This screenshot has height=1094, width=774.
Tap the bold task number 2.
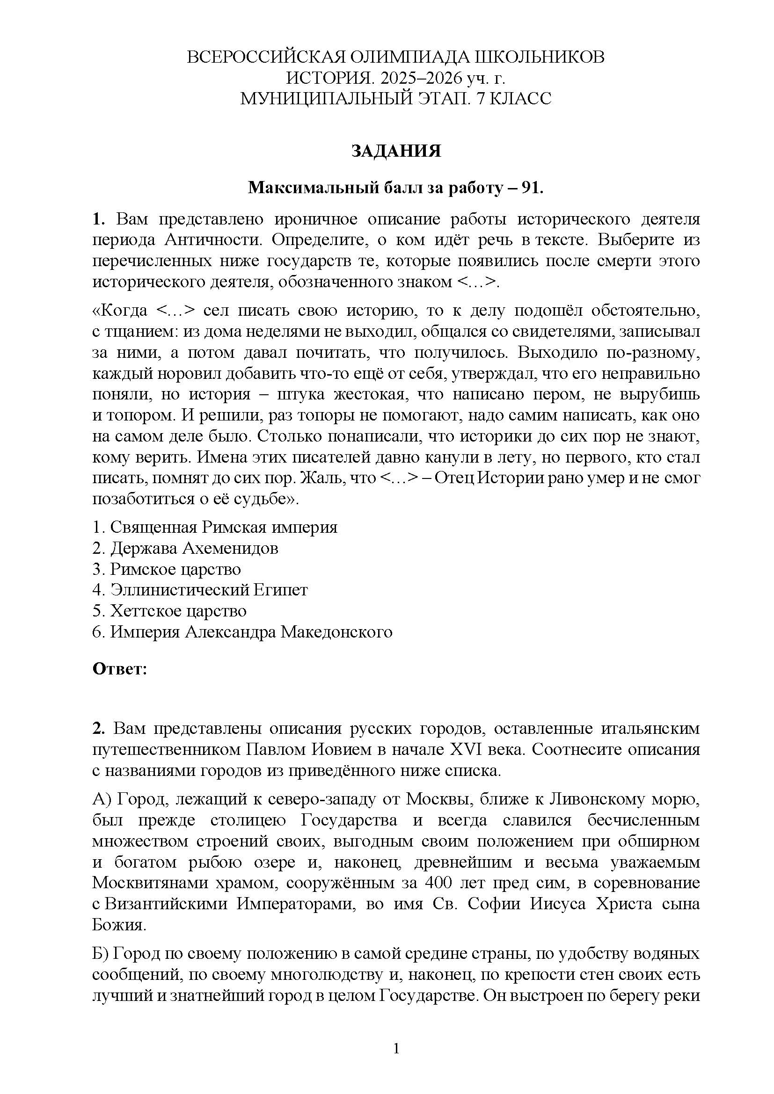pos(98,729)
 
